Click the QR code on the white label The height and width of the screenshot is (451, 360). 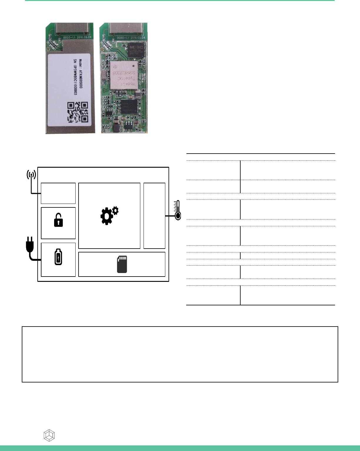[78, 112]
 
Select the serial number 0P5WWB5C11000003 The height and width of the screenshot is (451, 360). [75, 77]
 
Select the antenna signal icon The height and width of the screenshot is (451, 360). [31, 175]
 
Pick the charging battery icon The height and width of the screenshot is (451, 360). [58, 257]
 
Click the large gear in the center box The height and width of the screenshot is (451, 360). [106, 217]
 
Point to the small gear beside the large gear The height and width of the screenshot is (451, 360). [115, 210]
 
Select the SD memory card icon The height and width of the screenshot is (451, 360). [122, 264]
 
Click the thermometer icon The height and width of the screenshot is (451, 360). [177, 210]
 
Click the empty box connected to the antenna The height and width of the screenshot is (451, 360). [58, 193]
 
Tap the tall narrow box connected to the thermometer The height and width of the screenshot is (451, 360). [154, 216]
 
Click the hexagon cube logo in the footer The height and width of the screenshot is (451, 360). [49, 435]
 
